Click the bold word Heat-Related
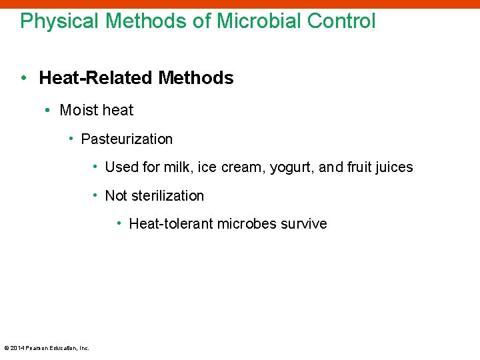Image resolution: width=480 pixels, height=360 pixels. [x=97, y=78]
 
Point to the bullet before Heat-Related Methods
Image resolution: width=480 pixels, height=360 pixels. [x=24, y=78]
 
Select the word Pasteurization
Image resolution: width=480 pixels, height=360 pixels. [x=127, y=139]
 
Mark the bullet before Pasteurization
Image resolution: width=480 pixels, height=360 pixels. [x=71, y=139]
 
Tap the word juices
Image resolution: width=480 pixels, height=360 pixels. [x=394, y=167]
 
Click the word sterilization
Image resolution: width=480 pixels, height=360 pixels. [x=167, y=196]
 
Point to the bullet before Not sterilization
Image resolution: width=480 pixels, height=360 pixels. [x=97, y=195]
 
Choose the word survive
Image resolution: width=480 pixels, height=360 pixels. [x=304, y=224]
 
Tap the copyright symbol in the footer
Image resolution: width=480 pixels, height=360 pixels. [x=7, y=347]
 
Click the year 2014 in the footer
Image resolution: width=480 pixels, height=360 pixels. [x=17, y=347]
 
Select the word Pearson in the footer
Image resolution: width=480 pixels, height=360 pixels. [x=37, y=347]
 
